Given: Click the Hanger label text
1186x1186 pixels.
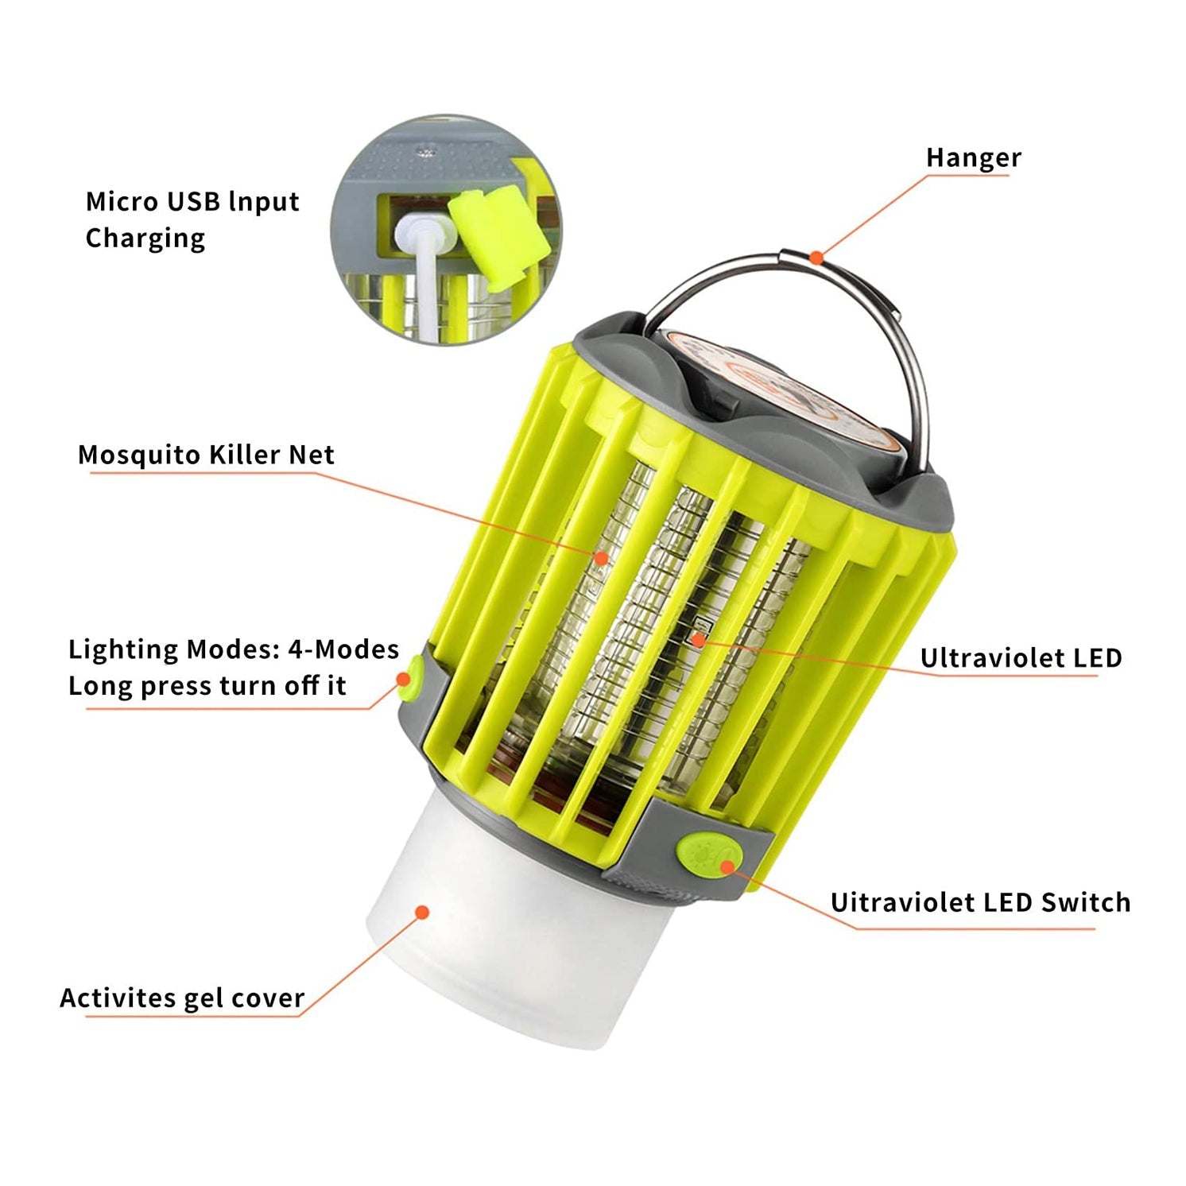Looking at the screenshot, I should coord(973,157).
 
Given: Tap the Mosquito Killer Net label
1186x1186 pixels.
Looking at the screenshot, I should coord(206,455).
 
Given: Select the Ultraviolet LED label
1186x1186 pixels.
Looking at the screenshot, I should coord(1021,658).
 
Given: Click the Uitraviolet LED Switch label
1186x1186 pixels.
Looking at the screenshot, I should coord(979,902).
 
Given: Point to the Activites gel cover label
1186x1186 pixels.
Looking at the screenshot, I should coord(182,998).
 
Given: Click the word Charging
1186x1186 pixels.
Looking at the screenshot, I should coord(145,238).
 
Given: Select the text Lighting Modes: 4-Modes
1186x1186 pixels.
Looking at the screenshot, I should coord(233,649).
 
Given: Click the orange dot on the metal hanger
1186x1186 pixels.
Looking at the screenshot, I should coord(816,257).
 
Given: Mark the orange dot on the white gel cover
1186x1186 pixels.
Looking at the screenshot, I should coord(423,912).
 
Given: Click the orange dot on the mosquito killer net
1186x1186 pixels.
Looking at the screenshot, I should coord(602,558).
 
